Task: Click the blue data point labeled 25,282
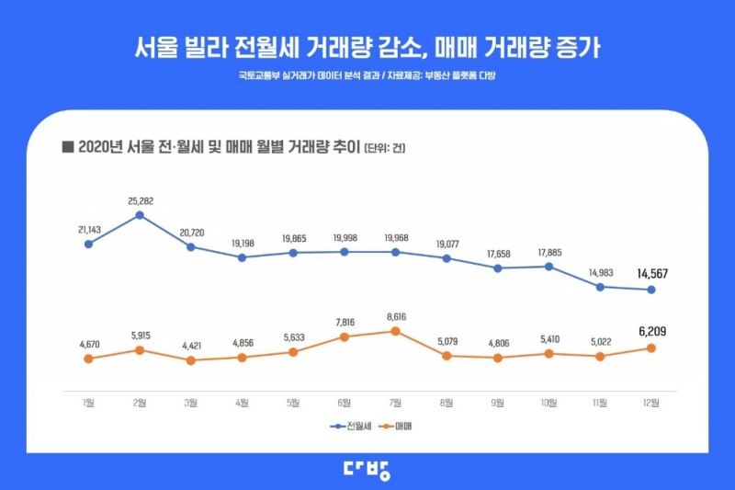[140, 215]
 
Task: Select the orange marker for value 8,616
[396, 331]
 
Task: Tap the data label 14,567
[651, 273]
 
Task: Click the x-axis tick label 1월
[88, 402]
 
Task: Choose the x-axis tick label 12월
[651, 402]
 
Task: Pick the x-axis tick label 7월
[396, 402]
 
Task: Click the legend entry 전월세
[350, 427]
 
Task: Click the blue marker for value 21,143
[88, 244]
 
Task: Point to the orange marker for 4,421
[191, 360]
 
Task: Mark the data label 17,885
[549, 251]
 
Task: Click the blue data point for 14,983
[600, 287]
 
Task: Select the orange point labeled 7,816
[345, 336]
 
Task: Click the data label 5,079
[447, 337]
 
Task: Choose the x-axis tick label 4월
[242, 402]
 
